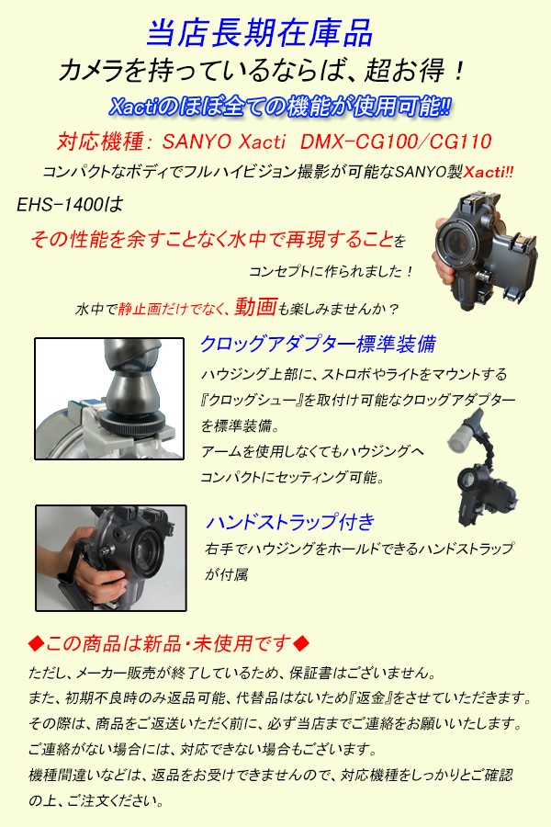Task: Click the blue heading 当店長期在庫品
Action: (x=259, y=33)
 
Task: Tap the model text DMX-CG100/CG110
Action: (x=396, y=142)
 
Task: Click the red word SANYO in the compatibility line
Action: (x=197, y=142)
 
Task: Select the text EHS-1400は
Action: (x=69, y=205)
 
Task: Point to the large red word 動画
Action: (x=255, y=306)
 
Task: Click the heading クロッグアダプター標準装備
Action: (x=318, y=344)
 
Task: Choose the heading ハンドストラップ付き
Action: (x=290, y=522)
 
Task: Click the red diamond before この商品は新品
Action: (x=36, y=643)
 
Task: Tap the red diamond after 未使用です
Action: (x=300, y=643)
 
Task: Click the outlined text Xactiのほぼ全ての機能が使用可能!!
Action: (x=279, y=108)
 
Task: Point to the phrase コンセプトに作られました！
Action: (x=332, y=272)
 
